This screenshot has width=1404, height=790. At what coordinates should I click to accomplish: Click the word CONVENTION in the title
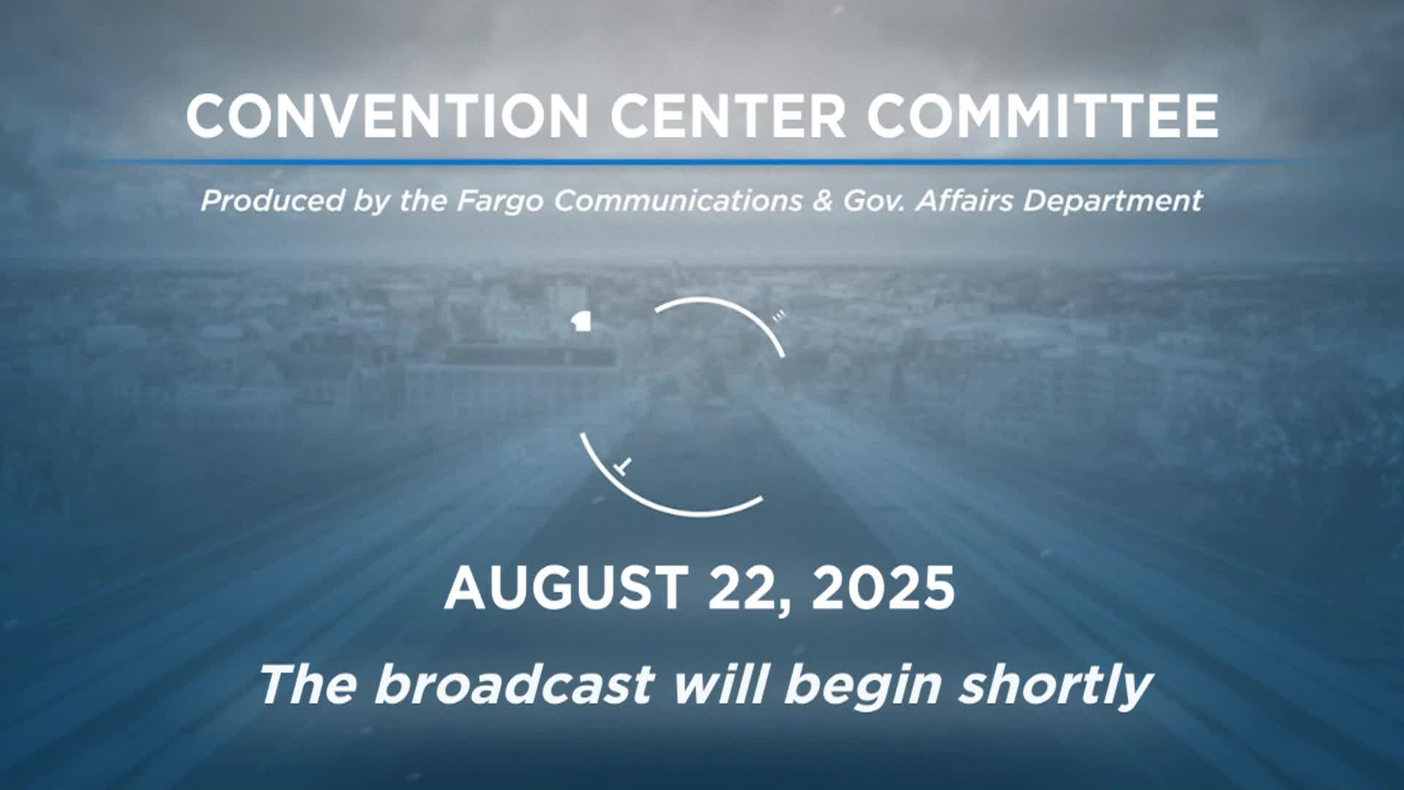pyautogui.click(x=387, y=116)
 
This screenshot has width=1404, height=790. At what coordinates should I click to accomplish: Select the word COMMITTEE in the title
pyautogui.click(x=1042, y=116)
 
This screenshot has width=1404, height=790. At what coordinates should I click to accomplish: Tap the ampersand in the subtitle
pyautogui.click(x=822, y=200)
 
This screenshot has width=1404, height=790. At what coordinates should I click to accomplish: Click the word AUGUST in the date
pyautogui.click(x=565, y=589)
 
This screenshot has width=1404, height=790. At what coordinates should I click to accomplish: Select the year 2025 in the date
pyautogui.click(x=883, y=589)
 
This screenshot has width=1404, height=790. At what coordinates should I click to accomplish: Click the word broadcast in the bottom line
pyautogui.click(x=514, y=684)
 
